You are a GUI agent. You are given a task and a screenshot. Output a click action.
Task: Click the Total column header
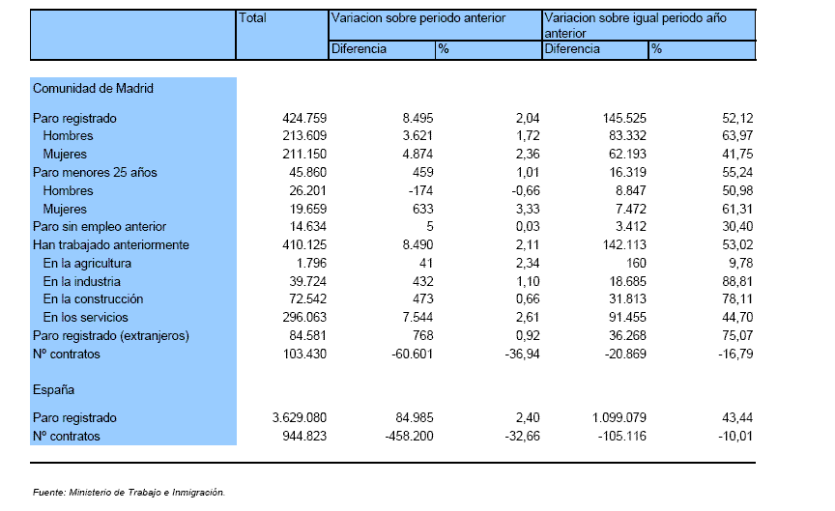252,18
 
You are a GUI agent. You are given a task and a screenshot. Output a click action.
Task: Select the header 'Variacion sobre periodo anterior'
418,18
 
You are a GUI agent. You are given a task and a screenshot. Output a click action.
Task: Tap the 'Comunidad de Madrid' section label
93,88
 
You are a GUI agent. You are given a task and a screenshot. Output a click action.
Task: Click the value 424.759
304,118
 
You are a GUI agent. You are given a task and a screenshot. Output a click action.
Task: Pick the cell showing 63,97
737,136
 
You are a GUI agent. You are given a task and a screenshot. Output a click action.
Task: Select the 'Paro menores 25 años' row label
95,173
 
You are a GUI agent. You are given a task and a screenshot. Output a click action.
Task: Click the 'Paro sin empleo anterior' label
100,227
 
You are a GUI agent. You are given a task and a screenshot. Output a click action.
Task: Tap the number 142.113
624,244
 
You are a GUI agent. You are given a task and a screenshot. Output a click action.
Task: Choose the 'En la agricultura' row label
87,264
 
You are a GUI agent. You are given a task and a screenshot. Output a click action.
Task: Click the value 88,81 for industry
737,282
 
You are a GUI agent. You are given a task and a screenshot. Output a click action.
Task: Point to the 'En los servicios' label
86,318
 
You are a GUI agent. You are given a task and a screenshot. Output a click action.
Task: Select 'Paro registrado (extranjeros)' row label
111,336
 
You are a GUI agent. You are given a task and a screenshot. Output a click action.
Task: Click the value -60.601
412,354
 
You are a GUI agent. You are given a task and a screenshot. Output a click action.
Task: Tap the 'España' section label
53,389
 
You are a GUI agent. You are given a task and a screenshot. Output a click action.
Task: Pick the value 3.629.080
300,418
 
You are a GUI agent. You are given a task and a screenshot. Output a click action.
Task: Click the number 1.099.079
619,418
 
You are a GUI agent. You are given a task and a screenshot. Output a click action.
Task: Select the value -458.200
410,437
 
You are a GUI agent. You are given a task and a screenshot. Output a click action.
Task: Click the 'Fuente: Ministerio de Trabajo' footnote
129,493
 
